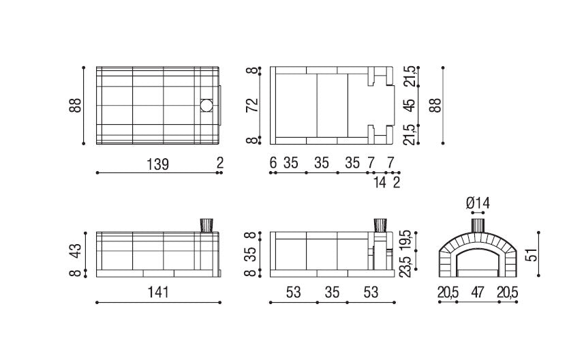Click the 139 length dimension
[157, 164]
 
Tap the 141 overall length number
[157, 292]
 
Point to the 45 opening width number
[409, 105]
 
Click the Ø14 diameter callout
[478, 203]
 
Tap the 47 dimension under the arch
[478, 292]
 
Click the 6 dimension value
[273, 164]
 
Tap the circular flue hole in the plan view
[206, 106]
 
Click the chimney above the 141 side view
[206, 226]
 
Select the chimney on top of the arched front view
[478, 224]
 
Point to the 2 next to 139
[220, 164]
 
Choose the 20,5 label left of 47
[448, 292]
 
